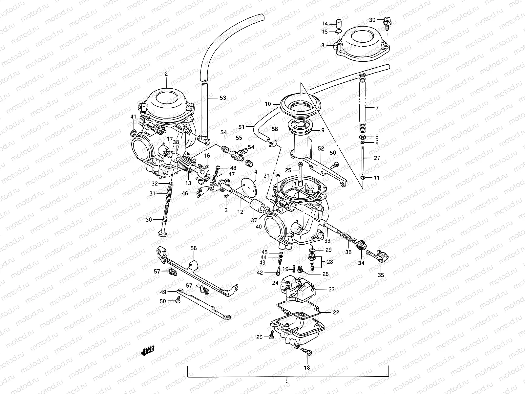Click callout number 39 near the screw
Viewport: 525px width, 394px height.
point(372,20)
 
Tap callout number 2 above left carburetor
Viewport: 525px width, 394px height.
point(166,74)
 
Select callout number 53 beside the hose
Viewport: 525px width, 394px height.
point(223,98)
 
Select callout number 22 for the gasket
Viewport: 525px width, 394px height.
point(336,312)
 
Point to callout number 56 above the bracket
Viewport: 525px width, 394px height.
point(194,248)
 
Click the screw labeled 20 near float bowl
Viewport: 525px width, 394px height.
point(271,336)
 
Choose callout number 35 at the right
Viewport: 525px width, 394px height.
point(381,275)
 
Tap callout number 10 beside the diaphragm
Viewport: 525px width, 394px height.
point(268,104)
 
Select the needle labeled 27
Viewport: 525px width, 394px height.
point(362,161)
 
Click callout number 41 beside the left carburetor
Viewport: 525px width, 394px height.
point(133,117)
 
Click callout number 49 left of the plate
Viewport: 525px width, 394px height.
point(163,292)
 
